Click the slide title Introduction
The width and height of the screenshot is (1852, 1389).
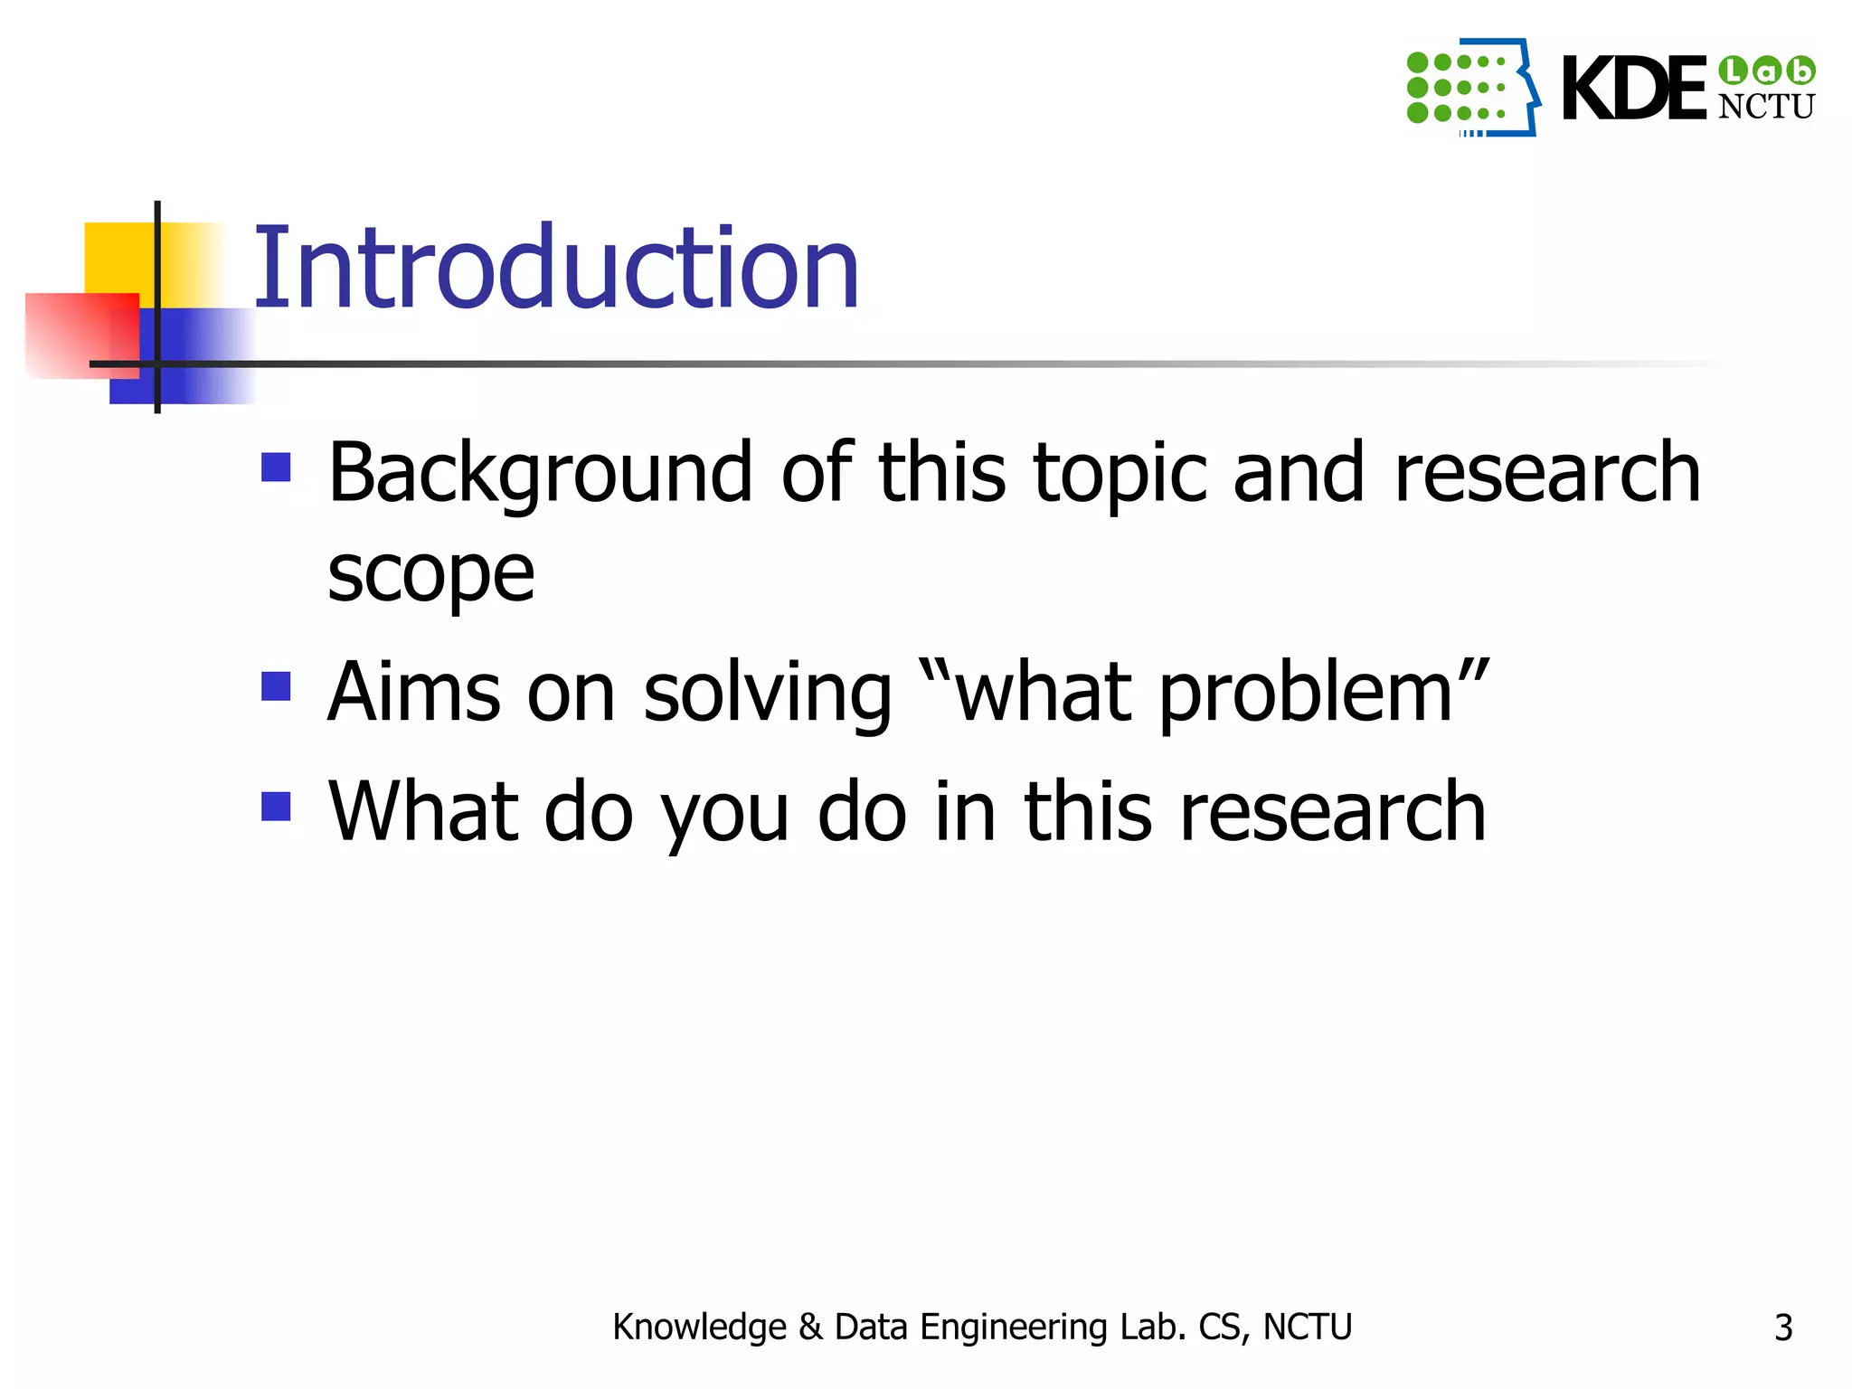pyautogui.click(x=555, y=269)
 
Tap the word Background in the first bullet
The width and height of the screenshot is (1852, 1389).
pyautogui.click(x=540, y=473)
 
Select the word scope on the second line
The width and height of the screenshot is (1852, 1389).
pyautogui.click(x=430, y=573)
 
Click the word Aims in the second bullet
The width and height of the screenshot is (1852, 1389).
pyautogui.click(x=413, y=693)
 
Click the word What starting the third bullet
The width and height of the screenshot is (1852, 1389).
pyautogui.click(x=422, y=811)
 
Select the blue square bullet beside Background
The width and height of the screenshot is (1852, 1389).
pyautogui.click(x=276, y=468)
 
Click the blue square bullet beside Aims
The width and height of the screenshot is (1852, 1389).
pyautogui.click(x=276, y=686)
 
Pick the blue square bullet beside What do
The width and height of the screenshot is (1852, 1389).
pyautogui.click(x=276, y=806)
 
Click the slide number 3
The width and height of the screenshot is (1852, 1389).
pyautogui.click(x=1782, y=1328)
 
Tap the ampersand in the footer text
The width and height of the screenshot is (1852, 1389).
pyautogui.click(x=810, y=1327)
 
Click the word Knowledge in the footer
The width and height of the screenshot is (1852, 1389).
pyautogui.click(x=699, y=1327)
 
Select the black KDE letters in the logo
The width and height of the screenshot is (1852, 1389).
pyautogui.click(x=1633, y=89)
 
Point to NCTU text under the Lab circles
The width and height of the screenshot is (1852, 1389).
pyautogui.click(x=1765, y=107)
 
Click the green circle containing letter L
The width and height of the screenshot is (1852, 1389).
pyautogui.click(x=1733, y=70)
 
